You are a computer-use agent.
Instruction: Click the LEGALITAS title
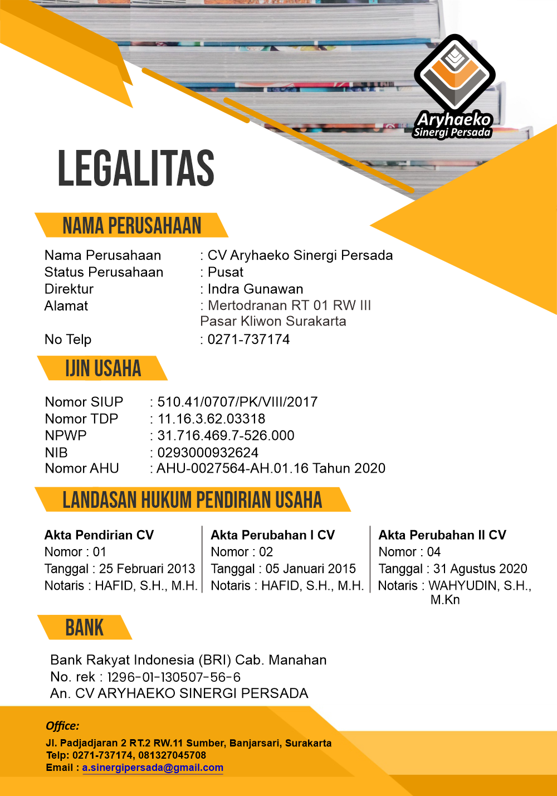pyautogui.click(x=136, y=168)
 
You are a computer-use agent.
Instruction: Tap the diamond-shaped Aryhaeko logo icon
pyautogui.click(x=455, y=73)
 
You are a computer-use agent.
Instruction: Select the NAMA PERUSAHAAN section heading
pyautogui.click(x=131, y=225)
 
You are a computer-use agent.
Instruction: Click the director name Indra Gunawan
pyautogui.click(x=255, y=289)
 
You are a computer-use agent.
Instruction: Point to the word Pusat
pyautogui.click(x=226, y=272)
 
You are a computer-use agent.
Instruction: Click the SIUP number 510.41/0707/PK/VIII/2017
pyautogui.click(x=237, y=402)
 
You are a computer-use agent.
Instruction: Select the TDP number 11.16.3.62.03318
pyautogui.click(x=211, y=419)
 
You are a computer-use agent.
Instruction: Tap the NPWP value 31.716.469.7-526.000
pyautogui.click(x=226, y=435)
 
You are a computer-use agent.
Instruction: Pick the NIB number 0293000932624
pyautogui.click(x=208, y=453)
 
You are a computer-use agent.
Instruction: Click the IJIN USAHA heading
pyautogui.click(x=103, y=368)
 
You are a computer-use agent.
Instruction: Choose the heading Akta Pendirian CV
pyautogui.click(x=99, y=535)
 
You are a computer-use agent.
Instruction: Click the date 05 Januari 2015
pyautogui.click(x=311, y=569)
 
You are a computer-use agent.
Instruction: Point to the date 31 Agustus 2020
pyautogui.click(x=480, y=569)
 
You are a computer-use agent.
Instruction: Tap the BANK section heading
pyautogui.click(x=85, y=627)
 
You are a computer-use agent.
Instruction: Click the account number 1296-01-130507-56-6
pyautogui.click(x=174, y=677)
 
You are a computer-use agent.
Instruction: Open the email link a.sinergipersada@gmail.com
pyautogui.click(x=153, y=768)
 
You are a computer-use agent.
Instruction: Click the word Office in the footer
pyautogui.click(x=62, y=726)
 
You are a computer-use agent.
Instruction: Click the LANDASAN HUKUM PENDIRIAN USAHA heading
pyautogui.click(x=192, y=499)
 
